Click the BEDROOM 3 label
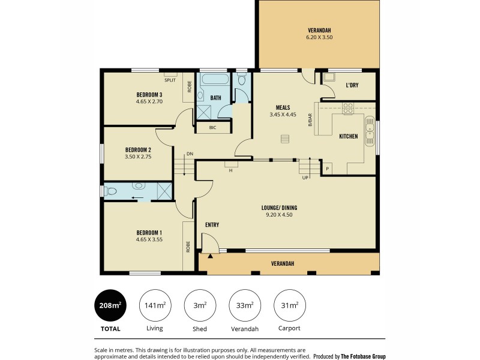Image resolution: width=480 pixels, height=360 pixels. point(149,95)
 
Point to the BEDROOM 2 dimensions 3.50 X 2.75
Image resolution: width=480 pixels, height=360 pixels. point(137,156)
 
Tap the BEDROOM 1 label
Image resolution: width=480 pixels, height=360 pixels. point(149,232)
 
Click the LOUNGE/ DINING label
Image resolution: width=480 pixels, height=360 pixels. point(279,208)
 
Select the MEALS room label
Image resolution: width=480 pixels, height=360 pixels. point(283,107)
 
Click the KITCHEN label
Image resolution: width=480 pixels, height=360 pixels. point(348,136)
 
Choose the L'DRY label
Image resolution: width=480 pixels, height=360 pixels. point(352,85)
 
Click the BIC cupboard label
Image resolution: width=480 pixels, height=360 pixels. point(205,127)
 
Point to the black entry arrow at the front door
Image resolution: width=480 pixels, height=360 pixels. point(210,256)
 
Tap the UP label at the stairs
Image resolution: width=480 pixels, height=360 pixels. point(305,178)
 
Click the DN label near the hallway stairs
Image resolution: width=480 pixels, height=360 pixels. point(190,154)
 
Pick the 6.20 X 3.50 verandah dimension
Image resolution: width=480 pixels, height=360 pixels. point(319,37)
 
